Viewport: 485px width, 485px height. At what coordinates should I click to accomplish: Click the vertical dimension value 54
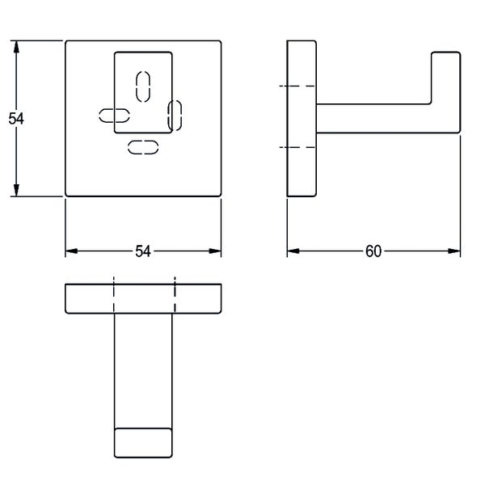pos(16,119)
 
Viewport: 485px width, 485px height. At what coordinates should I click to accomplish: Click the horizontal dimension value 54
pos(143,251)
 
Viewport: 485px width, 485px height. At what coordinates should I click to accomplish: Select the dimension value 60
pos(373,251)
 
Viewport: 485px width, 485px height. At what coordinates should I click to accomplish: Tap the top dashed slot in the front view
pos(143,86)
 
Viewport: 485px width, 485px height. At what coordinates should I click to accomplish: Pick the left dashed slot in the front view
pos(114,116)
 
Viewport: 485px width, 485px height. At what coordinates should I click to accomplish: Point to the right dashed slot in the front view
pos(175,116)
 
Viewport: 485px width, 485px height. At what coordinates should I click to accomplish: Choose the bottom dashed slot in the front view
pos(143,147)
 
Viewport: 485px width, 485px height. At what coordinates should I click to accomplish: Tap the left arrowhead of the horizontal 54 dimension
pos(71,251)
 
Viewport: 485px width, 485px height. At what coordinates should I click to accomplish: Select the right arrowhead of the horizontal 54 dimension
pos(215,251)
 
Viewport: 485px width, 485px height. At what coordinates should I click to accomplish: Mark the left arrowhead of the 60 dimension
pos(293,251)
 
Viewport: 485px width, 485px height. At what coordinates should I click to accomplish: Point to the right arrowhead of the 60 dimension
pos(454,251)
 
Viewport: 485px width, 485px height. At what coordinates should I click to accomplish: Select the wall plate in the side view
pos(302,119)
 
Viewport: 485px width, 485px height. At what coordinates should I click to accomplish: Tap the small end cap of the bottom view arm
pos(143,443)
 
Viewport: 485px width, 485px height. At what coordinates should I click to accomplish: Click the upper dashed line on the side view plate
pos(297,86)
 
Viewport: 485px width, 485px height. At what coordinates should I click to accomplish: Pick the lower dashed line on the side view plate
pos(297,147)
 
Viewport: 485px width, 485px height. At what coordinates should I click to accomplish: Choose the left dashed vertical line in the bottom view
pos(114,295)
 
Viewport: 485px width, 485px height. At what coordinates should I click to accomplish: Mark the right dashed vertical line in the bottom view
pos(175,295)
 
